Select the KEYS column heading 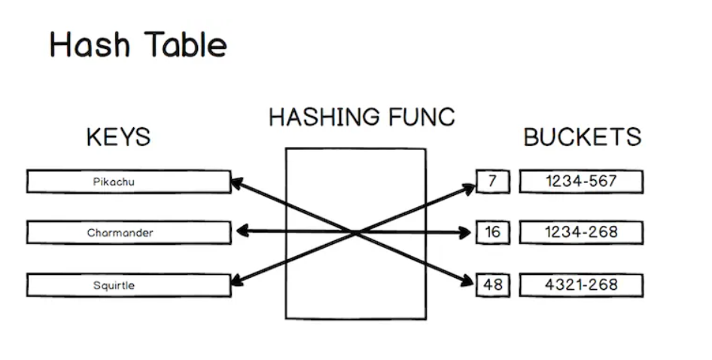(118, 137)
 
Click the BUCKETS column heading (582, 137)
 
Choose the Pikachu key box (129, 182)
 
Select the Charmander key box (129, 233)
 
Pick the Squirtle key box (129, 285)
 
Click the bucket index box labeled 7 (492, 182)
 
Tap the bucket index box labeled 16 (492, 233)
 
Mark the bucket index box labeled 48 (492, 285)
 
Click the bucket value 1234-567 (581, 182)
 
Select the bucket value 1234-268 (581, 233)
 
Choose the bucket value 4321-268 (581, 285)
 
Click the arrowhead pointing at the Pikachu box (236, 182)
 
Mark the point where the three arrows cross (354, 233)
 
